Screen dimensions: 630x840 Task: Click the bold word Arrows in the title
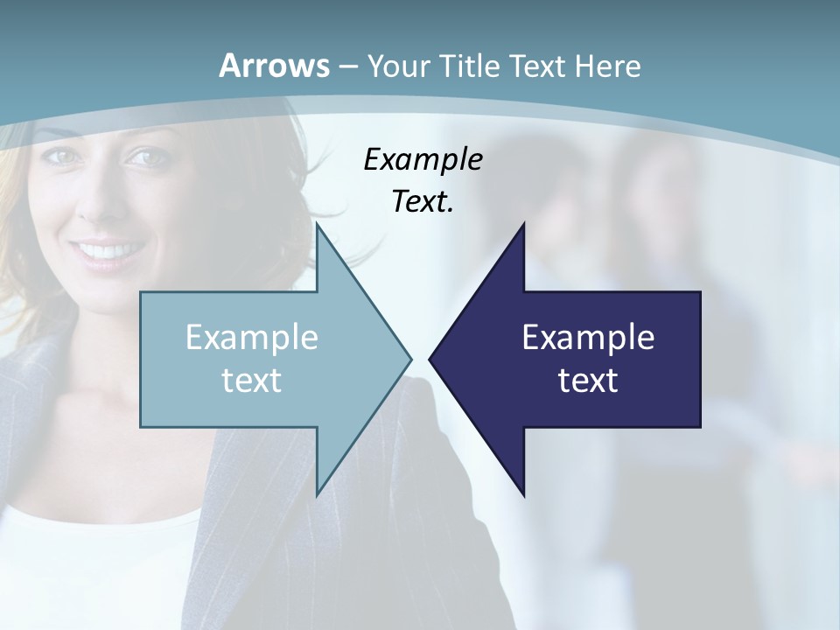tap(275, 66)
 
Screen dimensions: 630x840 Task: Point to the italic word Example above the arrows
tap(423, 159)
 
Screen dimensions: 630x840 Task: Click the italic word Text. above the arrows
tap(423, 201)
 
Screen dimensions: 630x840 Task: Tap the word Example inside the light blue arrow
tap(252, 337)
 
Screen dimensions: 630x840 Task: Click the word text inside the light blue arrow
tap(252, 380)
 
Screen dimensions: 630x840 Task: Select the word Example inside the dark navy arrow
tap(588, 337)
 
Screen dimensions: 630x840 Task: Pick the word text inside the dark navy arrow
tap(588, 380)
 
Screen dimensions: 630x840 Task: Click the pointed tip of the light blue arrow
tap(410, 358)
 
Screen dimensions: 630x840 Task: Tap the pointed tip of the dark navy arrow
tap(430, 358)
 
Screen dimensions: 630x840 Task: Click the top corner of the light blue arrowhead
tap(318, 225)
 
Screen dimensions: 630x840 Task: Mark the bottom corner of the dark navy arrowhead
tap(523, 493)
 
